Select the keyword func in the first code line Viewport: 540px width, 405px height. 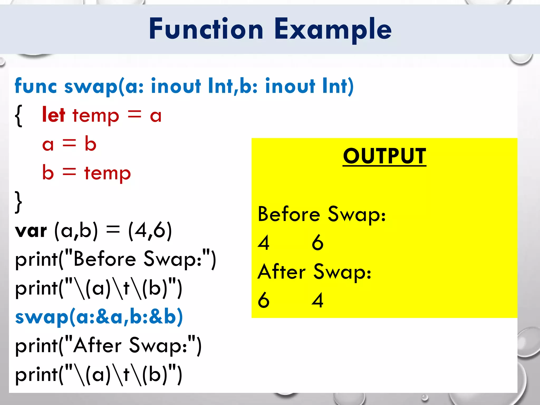point(36,86)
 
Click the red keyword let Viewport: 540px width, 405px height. point(54,115)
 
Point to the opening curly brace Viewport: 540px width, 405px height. point(19,116)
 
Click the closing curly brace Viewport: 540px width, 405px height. point(18,202)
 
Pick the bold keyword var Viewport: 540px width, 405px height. point(31,231)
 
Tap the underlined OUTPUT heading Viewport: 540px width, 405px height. point(384,156)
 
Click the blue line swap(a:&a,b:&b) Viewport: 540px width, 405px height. point(99,317)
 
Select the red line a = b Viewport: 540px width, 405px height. point(69,144)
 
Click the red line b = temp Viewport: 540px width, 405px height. point(86,173)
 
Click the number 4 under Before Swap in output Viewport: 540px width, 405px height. point(264,243)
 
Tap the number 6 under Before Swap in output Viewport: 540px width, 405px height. point(317,243)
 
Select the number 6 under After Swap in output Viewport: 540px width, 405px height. point(264,300)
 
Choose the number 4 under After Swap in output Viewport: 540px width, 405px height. point(317,300)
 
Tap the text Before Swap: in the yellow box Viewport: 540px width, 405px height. point(322,214)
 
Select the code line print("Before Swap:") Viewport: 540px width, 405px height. point(115,259)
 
